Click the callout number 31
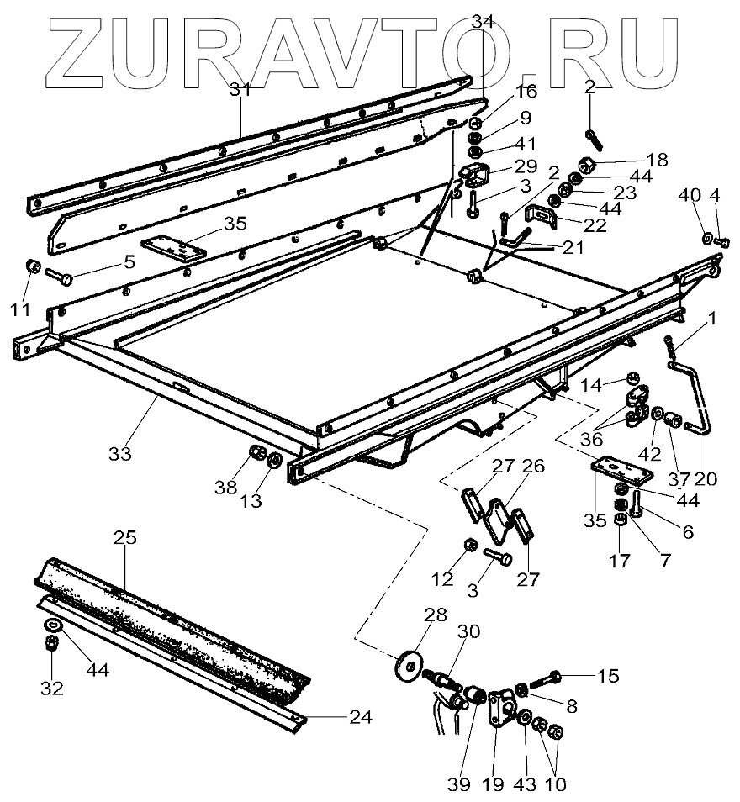coord(241,90)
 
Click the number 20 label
coord(706,479)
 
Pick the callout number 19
coord(493,784)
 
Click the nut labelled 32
coord(50,644)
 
